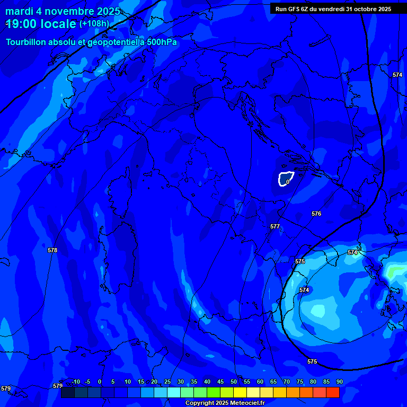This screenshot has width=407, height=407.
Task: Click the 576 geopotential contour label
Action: pos(316,214)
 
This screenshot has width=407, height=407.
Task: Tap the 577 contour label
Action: pos(275,226)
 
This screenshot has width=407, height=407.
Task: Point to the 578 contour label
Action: pos(52,250)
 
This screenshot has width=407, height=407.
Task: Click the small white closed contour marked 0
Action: pos(286,179)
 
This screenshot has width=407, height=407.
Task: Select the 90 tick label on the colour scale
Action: pos(339,382)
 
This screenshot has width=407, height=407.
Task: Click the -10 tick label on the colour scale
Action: pos(75,382)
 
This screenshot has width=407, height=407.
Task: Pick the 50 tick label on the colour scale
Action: pos(234,382)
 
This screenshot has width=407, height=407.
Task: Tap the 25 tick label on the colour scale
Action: pos(167,382)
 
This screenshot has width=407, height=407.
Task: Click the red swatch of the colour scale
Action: pos(333,392)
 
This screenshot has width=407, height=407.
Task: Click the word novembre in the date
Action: pos(68,11)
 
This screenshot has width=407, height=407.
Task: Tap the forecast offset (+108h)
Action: pos(94,24)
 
